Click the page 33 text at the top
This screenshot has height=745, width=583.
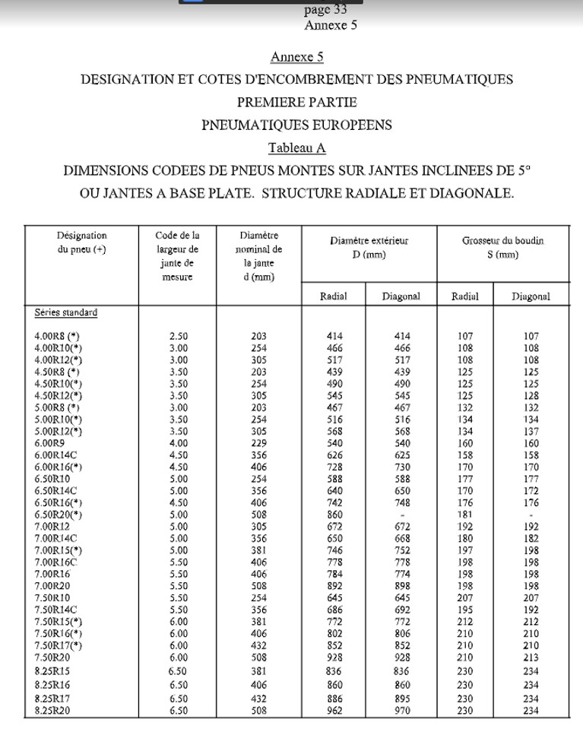(325, 10)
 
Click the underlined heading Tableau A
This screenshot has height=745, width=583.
(297, 147)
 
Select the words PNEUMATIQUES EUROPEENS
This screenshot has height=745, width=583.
(296, 125)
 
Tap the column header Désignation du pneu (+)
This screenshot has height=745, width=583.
(82, 244)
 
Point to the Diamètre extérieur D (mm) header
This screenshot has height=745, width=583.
(369, 248)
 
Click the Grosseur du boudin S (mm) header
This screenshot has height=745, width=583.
(502, 248)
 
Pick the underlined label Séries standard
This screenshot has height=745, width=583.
(66, 312)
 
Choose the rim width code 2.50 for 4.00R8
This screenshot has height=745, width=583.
(179, 336)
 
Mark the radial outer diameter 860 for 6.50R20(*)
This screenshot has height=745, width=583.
(334, 515)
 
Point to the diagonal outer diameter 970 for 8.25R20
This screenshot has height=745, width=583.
(402, 711)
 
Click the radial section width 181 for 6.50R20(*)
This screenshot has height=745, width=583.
(465, 515)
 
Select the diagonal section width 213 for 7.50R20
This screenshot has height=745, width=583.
(531, 658)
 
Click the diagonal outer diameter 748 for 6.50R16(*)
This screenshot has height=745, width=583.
(402, 502)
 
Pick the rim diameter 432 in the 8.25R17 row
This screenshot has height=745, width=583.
(258, 699)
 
